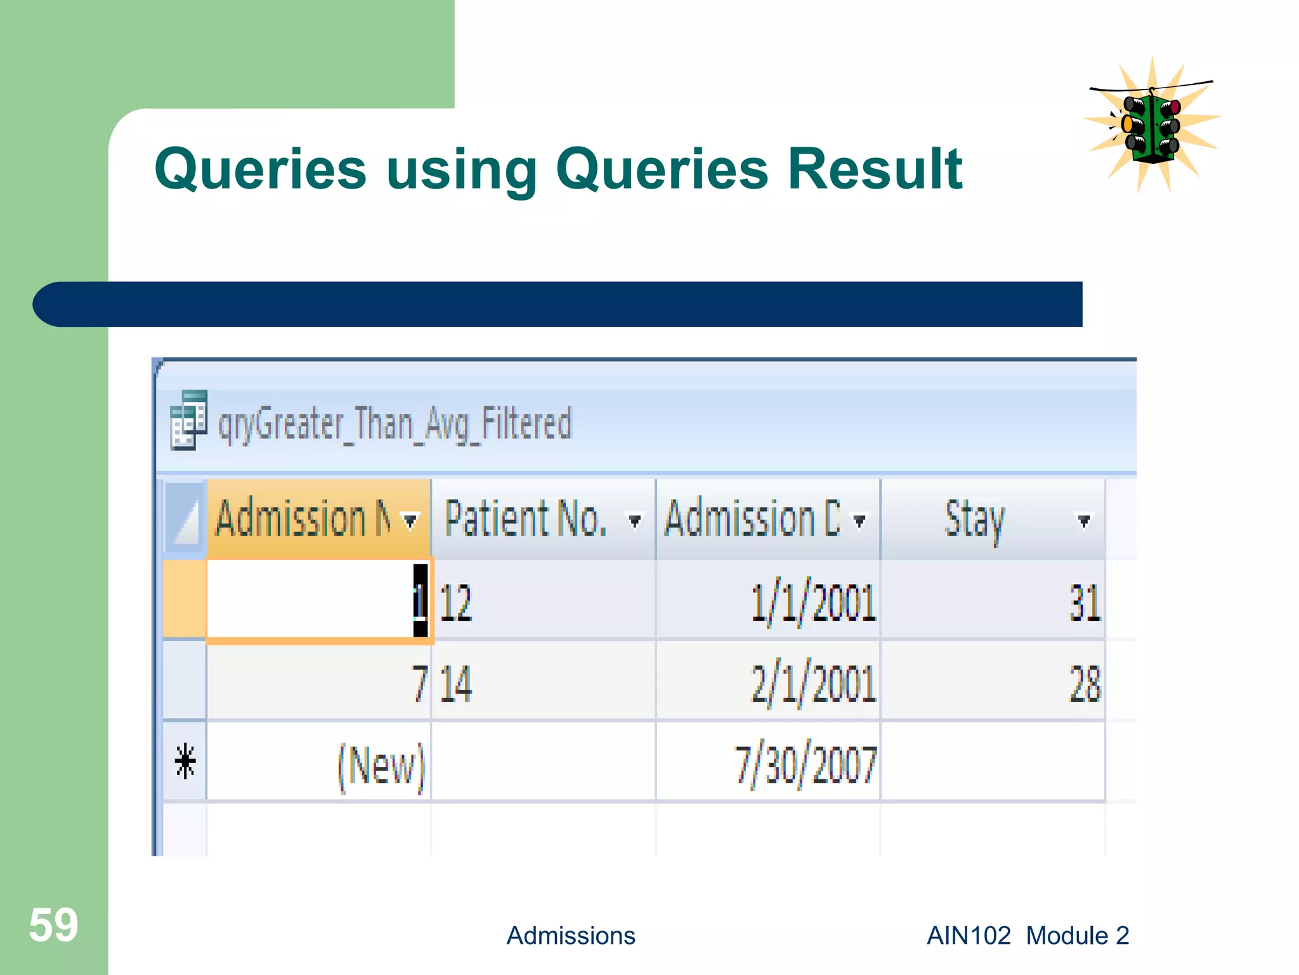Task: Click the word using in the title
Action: click(462, 170)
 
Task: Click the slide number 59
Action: click(53, 925)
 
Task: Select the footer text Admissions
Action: click(570, 936)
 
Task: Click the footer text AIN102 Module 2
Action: click(1028, 936)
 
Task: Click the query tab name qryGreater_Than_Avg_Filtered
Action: click(395, 425)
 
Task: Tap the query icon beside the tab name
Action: click(188, 420)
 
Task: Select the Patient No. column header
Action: click(526, 519)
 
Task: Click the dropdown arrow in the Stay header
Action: click(1084, 521)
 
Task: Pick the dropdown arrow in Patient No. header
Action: click(634, 521)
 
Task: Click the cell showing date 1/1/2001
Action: click(813, 602)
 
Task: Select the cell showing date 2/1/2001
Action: click(813, 684)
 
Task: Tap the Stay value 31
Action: click(1085, 602)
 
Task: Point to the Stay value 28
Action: click(1085, 684)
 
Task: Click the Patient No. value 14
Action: click(455, 684)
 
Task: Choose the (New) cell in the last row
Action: click(381, 765)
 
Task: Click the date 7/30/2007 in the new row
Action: click(806, 765)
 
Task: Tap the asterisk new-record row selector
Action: click(185, 762)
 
